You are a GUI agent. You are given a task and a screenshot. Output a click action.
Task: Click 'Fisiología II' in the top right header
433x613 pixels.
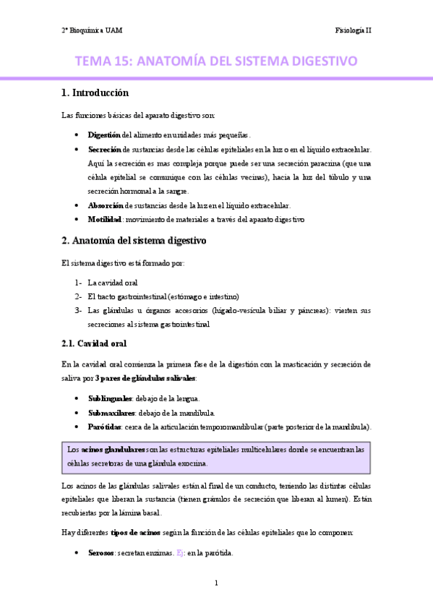353,30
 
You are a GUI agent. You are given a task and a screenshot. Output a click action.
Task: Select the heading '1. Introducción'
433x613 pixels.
95,93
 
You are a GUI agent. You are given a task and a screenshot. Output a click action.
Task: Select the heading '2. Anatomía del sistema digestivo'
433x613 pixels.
134,241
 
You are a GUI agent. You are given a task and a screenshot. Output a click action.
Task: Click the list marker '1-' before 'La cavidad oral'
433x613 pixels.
78,283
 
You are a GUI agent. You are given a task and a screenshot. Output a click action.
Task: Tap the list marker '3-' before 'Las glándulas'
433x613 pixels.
78,310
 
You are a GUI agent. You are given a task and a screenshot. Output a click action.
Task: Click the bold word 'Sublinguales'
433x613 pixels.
110,398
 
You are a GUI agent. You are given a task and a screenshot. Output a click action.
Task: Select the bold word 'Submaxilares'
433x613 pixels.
111,413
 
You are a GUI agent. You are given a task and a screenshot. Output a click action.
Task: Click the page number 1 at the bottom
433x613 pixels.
216,583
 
